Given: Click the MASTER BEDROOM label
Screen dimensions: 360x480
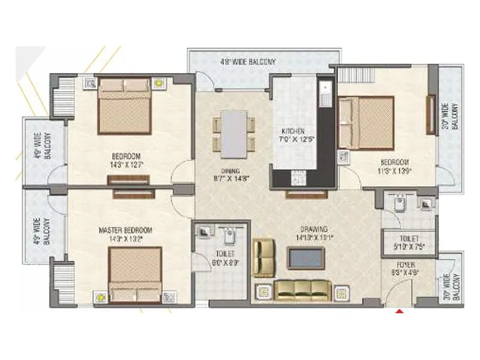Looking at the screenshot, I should coord(126,230).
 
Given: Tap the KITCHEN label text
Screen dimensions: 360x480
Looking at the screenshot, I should coord(293,131).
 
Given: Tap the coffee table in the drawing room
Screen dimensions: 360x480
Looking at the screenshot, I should coord(305,257).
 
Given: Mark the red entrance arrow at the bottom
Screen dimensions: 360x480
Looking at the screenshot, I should coord(398,311).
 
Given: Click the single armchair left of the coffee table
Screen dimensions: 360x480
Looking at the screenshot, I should coord(263,257).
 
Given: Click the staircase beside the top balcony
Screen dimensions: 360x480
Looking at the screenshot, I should coord(356,75).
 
